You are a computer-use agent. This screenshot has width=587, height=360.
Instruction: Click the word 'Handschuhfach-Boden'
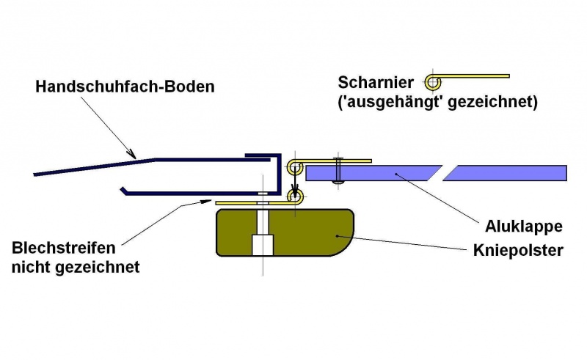click(x=125, y=87)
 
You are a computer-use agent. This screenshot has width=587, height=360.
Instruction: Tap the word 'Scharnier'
click(x=376, y=81)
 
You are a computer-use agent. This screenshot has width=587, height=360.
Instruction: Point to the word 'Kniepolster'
click(x=518, y=251)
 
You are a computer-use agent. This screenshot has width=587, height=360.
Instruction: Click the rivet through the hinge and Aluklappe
click(x=337, y=169)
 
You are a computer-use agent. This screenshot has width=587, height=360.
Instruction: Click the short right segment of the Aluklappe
click(x=506, y=173)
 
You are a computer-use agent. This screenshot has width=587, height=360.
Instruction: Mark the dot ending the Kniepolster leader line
click(x=337, y=236)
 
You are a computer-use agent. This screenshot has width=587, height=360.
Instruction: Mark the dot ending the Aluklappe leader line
click(x=397, y=174)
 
